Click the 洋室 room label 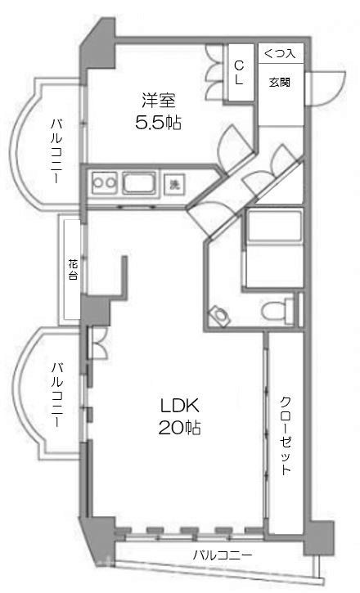(x=158, y=102)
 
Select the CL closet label (x=239, y=72)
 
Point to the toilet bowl (x=219, y=313)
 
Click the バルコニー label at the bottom (x=222, y=557)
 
